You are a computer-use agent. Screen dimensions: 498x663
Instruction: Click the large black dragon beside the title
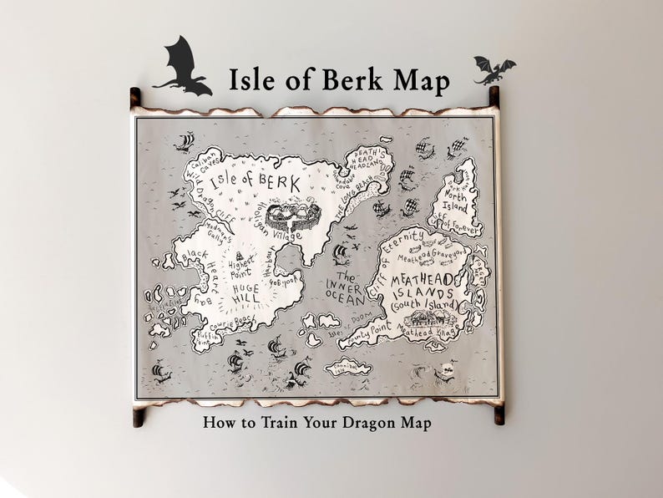point(182,67)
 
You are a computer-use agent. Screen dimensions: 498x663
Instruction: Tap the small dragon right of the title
point(493,69)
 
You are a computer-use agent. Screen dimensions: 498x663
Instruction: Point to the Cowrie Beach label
point(232,324)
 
